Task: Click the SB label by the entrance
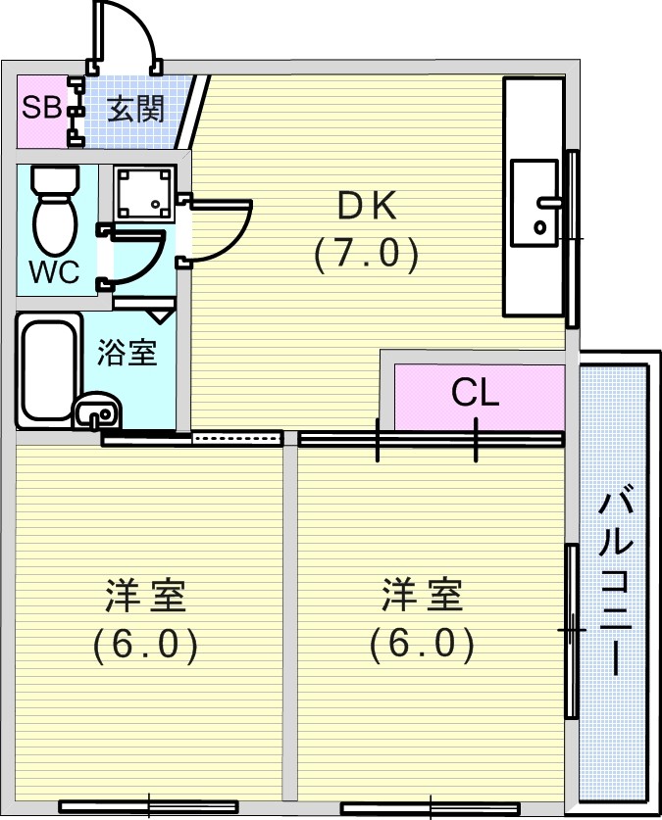[41, 108]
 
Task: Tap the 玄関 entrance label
[135, 109]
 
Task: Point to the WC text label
[54, 272]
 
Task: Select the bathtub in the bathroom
[48, 370]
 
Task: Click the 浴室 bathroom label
[127, 352]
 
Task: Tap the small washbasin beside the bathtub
[97, 411]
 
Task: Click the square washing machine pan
[145, 193]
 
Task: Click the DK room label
[367, 207]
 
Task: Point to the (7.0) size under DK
[367, 254]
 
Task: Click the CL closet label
[476, 392]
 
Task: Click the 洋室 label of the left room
[146, 595]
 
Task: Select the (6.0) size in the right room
[422, 645]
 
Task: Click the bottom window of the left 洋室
[149, 806]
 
